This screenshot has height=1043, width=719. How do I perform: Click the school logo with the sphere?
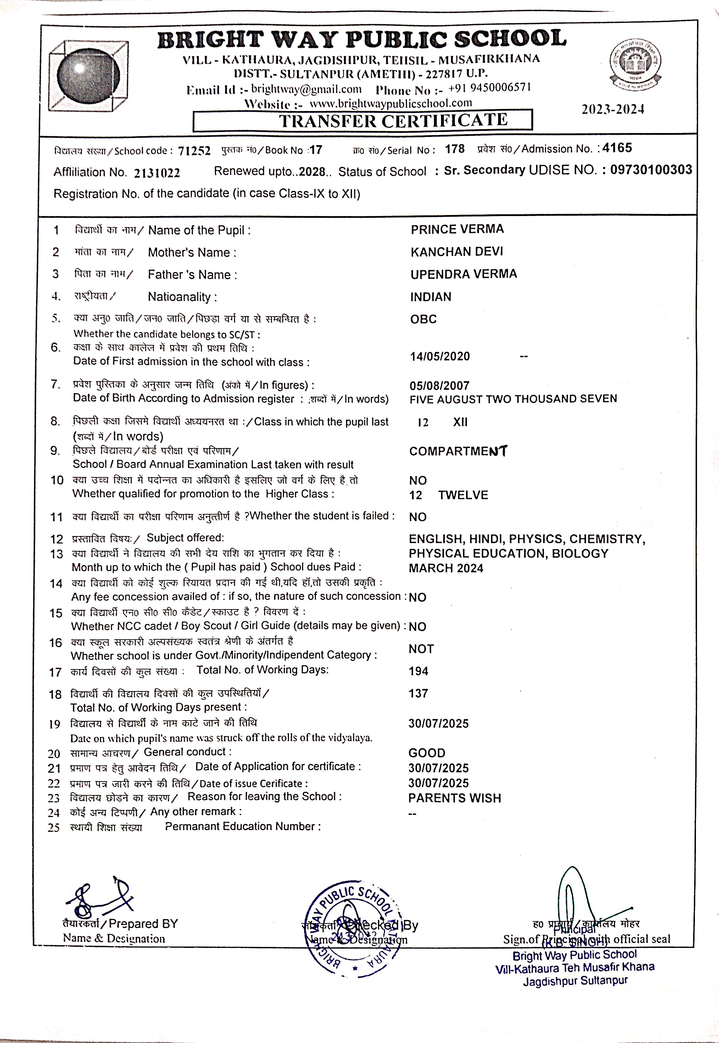click(88, 76)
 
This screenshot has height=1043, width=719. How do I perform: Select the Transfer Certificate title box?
click(363, 121)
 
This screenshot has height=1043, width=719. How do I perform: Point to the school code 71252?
click(194, 151)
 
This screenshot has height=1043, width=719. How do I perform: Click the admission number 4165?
click(617, 148)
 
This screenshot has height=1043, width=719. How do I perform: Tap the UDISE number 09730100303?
click(651, 170)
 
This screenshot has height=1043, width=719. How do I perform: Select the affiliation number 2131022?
click(157, 173)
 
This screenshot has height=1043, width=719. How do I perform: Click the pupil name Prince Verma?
click(457, 230)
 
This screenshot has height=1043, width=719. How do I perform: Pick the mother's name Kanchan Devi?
click(456, 252)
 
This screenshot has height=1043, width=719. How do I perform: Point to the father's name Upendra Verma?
click(464, 274)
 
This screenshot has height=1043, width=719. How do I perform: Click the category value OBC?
click(423, 319)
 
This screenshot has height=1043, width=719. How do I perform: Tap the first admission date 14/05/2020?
click(440, 357)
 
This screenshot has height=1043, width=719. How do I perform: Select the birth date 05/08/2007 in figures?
click(439, 386)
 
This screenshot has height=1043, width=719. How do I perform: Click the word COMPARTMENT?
click(458, 451)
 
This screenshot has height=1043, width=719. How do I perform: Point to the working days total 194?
click(418, 672)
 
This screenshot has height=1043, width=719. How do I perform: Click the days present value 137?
click(418, 694)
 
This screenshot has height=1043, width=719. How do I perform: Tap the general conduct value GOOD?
click(427, 753)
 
